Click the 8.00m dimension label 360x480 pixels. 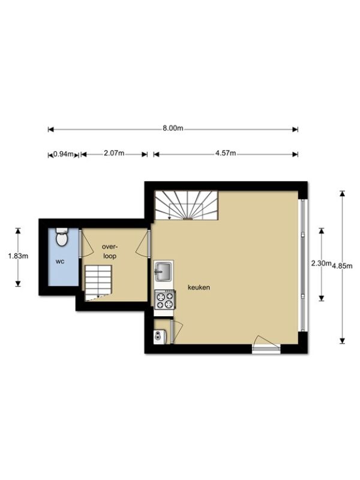coord(173,128)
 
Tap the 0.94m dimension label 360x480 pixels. coord(64,154)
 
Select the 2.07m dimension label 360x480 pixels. coord(114,153)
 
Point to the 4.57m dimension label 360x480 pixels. coord(226,153)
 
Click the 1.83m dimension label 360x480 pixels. coord(18,256)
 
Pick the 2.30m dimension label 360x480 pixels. coord(322,263)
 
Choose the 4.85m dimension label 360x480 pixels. coord(342,266)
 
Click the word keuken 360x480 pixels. coord(199,287)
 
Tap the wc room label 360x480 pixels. coord(60,262)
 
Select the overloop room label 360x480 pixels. coord(110,251)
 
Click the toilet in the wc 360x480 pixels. coord(62,237)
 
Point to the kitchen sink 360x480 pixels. coord(164,271)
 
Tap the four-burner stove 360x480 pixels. coord(165,299)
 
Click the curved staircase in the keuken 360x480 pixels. coord(187,205)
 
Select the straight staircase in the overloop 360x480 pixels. coord(98,283)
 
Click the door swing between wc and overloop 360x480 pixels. coord(86,244)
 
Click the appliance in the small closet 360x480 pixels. coord(160,337)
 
